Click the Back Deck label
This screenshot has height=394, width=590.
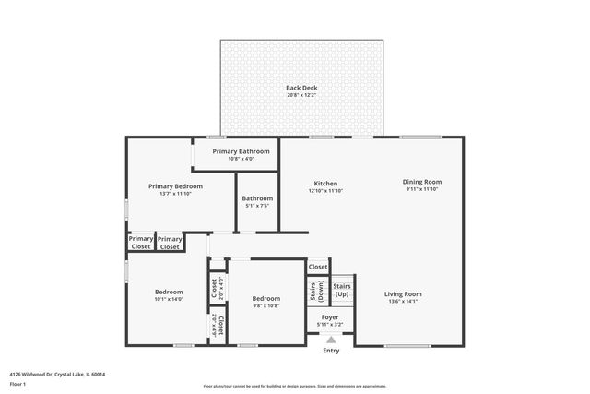click(x=301, y=88)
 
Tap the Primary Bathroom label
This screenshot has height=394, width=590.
click(x=241, y=151)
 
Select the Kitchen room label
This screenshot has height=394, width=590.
click(x=325, y=184)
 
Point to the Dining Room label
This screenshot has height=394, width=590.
click(x=422, y=182)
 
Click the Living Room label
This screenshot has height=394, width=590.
click(x=402, y=294)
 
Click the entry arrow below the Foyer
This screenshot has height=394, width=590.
click(x=330, y=340)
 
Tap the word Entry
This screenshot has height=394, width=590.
click(x=330, y=351)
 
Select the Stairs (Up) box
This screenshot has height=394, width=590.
click(x=342, y=291)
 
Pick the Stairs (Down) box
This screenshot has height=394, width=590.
click(x=315, y=291)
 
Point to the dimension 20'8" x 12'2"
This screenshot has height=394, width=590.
click(x=301, y=95)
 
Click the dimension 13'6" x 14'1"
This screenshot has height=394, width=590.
click(x=402, y=302)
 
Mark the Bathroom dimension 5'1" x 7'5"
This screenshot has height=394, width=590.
click(x=257, y=206)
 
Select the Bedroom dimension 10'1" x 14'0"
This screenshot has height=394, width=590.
click(x=169, y=299)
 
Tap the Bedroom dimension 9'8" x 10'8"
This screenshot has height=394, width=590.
click(x=266, y=305)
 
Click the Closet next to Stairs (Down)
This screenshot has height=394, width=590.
click(x=318, y=267)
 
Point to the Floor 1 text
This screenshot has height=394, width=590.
click(x=18, y=383)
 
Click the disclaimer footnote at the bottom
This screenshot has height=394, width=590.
click(x=294, y=385)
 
